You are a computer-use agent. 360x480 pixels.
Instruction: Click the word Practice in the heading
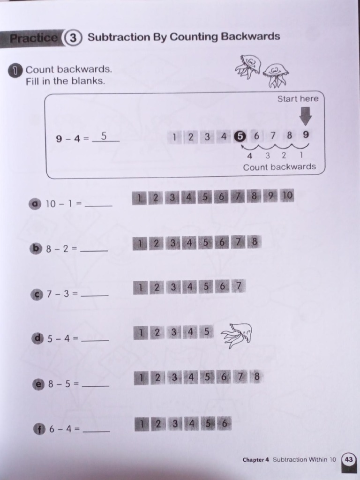pyautogui.click(x=34, y=38)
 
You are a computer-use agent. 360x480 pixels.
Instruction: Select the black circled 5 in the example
pyautogui.click(x=240, y=136)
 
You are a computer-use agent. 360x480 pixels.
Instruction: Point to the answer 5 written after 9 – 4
pyautogui.click(x=104, y=136)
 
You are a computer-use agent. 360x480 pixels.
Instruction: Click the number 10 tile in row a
pyautogui.click(x=287, y=196)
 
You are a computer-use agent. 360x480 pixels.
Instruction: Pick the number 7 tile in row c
pyautogui.click(x=239, y=286)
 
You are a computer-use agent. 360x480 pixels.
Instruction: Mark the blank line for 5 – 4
pyautogui.click(x=95, y=339)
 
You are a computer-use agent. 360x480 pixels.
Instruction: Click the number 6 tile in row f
pyautogui.click(x=224, y=424)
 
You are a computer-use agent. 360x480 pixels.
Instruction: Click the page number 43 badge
pyautogui.click(x=348, y=459)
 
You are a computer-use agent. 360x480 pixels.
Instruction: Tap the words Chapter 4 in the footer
pyautogui.click(x=256, y=460)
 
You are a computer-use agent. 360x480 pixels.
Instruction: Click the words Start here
pyautogui.click(x=297, y=98)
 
